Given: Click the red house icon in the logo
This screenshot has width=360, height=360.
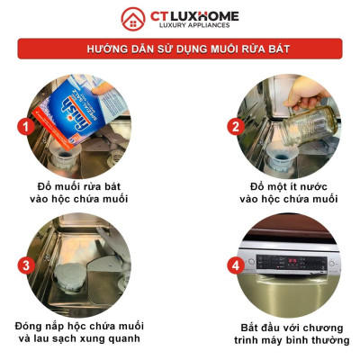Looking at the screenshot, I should click(x=134, y=19).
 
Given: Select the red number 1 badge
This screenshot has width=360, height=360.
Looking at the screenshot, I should click(x=26, y=127).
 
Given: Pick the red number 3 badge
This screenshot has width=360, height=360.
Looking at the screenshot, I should click(x=26, y=265).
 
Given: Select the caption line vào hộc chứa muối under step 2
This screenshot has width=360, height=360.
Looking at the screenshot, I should click(x=288, y=199).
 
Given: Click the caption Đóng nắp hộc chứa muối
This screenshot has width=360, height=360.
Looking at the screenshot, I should click(x=79, y=324).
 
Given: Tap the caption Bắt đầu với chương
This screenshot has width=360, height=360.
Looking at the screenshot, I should click(x=289, y=325).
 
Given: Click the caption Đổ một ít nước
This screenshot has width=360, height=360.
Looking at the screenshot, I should click(x=288, y=185).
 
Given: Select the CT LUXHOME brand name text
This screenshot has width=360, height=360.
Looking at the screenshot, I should click(x=194, y=15).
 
